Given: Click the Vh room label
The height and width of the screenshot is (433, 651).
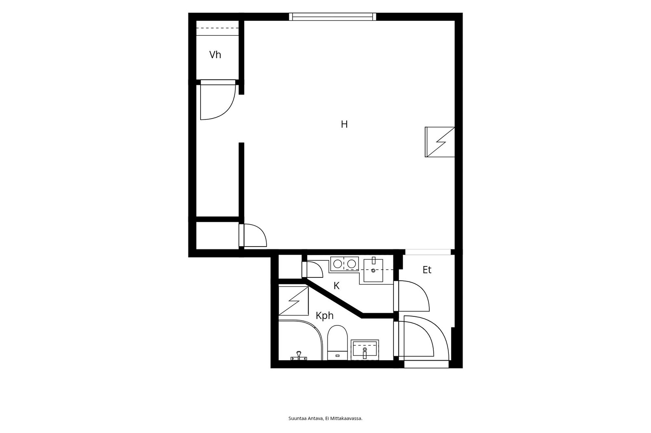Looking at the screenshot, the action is pyautogui.click(x=215, y=54).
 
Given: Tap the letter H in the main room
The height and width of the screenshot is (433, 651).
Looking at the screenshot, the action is pyautogui.click(x=344, y=124).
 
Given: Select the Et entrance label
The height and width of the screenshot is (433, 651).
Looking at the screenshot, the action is pyautogui.click(x=427, y=270).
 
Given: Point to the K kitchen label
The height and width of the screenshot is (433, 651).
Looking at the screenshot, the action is pyautogui.click(x=336, y=286).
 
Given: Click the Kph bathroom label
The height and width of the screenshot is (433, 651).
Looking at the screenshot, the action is pyautogui.click(x=325, y=316).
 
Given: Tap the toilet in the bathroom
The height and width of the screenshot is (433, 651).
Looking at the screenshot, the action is pyautogui.click(x=337, y=343).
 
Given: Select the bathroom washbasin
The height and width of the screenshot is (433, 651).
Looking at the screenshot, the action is pyautogui.click(x=365, y=350).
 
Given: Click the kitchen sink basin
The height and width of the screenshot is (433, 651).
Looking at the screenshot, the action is pyautogui.click(x=373, y=271).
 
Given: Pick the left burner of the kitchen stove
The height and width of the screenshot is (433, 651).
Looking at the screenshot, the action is pyautogui.click(x=337, y=264).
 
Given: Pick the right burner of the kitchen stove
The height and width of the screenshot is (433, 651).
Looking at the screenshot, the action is pyautogui.click(x=352, y=264).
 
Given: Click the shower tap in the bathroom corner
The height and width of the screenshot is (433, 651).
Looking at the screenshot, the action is pyautogui.click(x=299, y=356).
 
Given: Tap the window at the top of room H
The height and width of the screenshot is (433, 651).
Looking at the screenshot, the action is pyautogui.click(x=332, y=17).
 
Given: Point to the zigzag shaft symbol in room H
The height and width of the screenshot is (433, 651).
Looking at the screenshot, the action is pyautogui.click(x=440, y=142).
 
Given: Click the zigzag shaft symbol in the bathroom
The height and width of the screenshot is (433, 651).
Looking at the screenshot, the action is pyautogui.click(x=293, y=301).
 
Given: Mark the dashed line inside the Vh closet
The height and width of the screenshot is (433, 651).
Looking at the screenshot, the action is pyautogui.click(x=218, y=28).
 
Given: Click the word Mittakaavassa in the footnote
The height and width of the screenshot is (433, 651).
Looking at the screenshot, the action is pyautogui.click(x=348, y=418).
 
